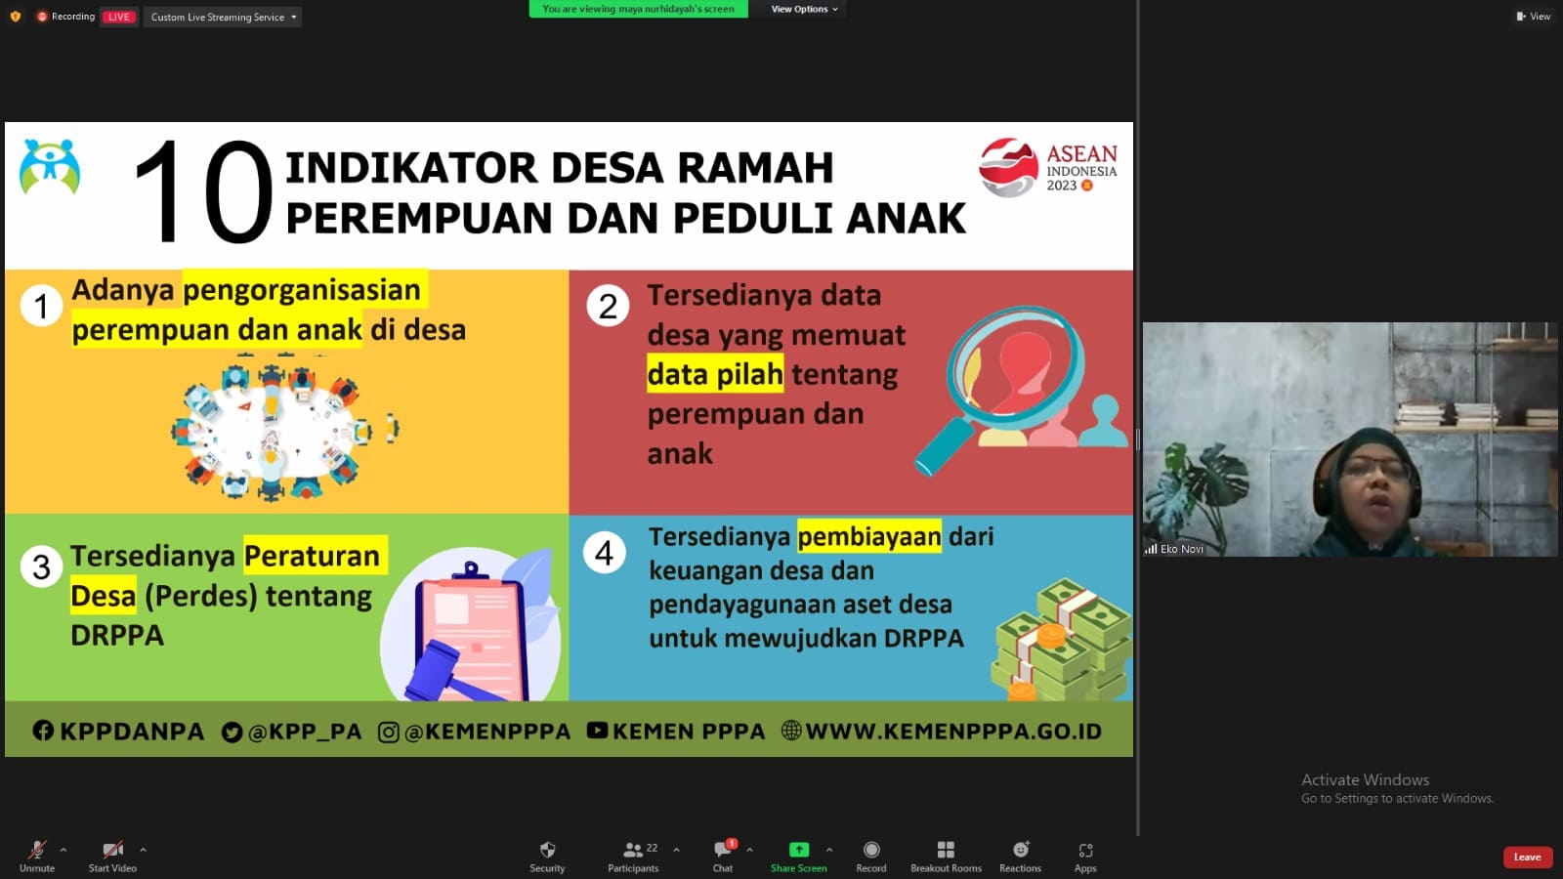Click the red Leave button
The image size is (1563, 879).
click(x=1527, y=857)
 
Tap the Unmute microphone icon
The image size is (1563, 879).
click(x=37, y=850)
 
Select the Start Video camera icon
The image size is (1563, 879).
click(x=112, y=850)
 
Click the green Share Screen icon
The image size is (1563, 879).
click(x=798, y=850)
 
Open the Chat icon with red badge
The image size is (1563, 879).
click(x=724, y=849)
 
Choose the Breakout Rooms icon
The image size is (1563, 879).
click(x=946, y=850)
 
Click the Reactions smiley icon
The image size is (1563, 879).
click(x=1021, y=849)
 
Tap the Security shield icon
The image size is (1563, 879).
click(x=547, y=850)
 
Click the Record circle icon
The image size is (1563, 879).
click(x=870, y=850)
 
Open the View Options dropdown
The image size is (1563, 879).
click(x=804, y=9)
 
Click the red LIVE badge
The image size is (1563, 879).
click(x=118, y=17)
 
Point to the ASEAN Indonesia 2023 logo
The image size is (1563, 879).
click(x=1047, y=167)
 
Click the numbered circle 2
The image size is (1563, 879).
click(x=608, y=307)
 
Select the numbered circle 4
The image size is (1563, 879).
click(x=605, y=553)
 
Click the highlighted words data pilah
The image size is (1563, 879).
click(x=714, y=375)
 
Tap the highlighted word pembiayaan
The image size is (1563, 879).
click(x=869, y=536)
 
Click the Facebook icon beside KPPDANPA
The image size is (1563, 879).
click(x=43, y=731)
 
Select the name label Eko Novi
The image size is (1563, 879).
click(x=1181, y=549)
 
